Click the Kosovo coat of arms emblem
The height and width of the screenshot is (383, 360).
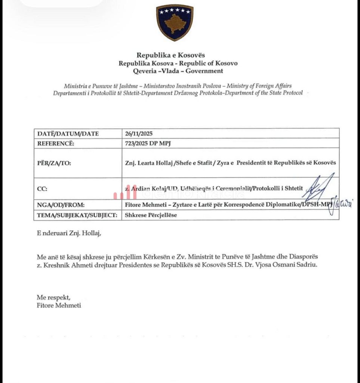175,22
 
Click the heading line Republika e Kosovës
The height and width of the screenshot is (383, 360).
170,55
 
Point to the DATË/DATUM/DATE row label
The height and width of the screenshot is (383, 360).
68,134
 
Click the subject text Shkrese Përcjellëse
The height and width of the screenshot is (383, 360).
151,215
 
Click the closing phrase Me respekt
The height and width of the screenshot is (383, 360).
53,297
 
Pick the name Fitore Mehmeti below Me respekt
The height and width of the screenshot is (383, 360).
59,305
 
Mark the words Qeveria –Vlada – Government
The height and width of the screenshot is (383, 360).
178,71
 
